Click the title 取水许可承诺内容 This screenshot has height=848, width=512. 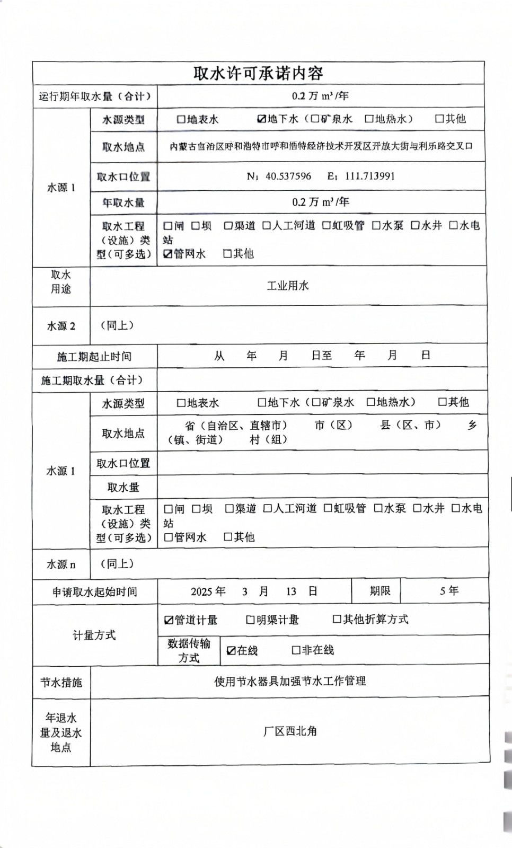click(x=258, y=73)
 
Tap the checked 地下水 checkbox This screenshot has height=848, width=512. click(x=261, y=119)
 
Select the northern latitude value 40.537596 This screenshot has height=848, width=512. click(x=288, y=176)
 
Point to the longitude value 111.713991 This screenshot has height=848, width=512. click(x=369, y=176)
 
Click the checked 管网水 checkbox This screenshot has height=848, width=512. click(x=168, y=254)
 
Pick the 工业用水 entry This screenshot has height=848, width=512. click(x=287, y=286)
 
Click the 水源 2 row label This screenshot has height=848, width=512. click(x=61, y=326)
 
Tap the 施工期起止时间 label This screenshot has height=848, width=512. click(x=94, y=356)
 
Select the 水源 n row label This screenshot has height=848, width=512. click(x=61, y=564)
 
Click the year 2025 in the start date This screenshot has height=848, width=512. click(x=201, y=591)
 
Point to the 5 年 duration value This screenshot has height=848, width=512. click(x=448, y=590)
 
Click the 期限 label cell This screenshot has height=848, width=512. click(x=379, y=590)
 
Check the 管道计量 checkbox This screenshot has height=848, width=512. click(x=169, y=620)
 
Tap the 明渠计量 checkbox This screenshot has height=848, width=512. click(x=251, y=620)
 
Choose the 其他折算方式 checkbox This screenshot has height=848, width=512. click(x=337, y=619)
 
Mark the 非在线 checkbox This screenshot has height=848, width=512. click(x=296, y=650)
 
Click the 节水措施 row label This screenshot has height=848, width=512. click(x=61, y=682)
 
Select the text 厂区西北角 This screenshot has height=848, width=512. click(x=289, y=731)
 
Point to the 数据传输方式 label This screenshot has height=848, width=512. click(x=189, y=650)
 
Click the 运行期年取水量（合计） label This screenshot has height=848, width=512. click(x=95, y=96)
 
